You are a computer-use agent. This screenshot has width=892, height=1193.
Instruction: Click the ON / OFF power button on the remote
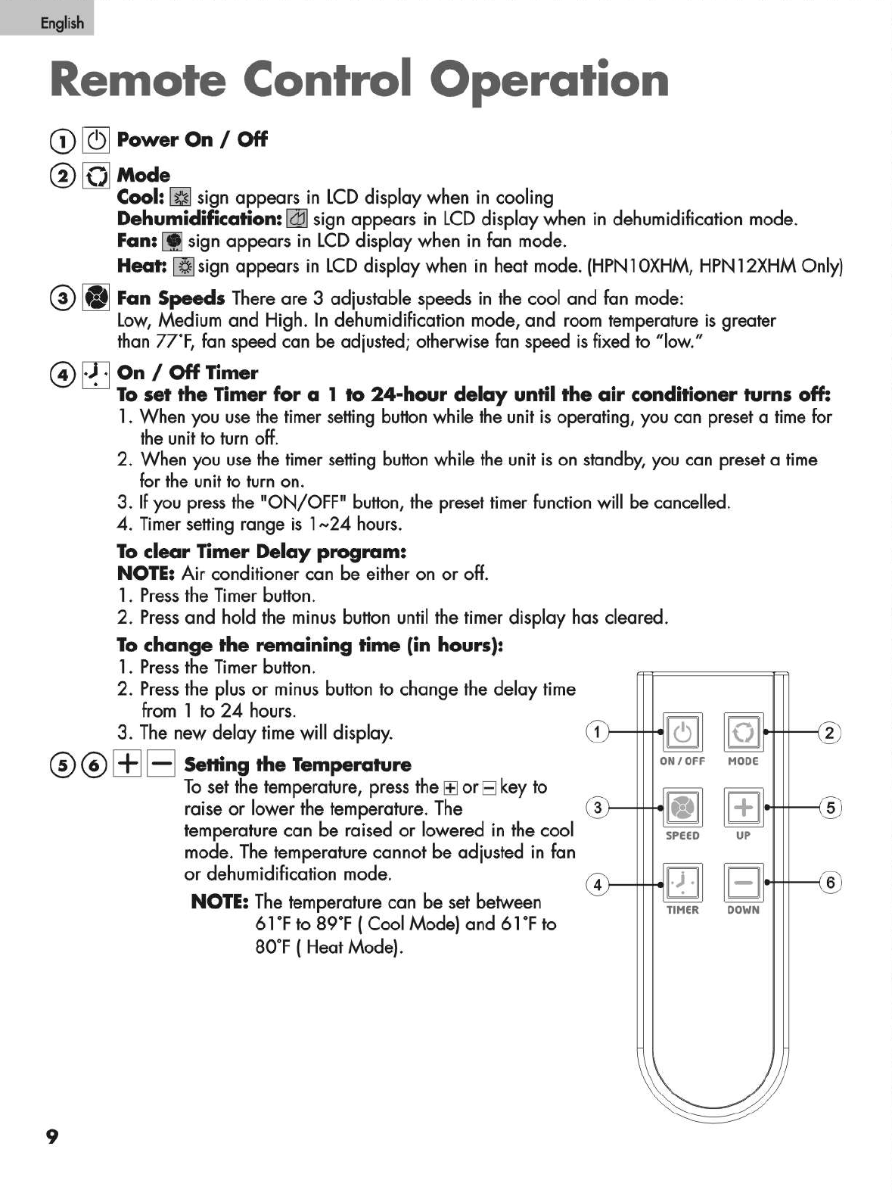682,732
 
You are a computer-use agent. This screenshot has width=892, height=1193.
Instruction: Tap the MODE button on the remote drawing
744,732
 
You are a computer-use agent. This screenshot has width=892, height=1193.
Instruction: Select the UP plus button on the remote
744,807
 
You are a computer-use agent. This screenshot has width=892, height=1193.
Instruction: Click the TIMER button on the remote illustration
682,882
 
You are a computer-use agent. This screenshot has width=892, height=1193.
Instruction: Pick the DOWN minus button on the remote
744,882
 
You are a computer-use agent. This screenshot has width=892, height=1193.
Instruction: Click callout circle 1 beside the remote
598,732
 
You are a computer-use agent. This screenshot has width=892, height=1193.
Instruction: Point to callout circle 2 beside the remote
830,732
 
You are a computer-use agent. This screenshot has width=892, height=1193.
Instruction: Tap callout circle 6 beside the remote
830,882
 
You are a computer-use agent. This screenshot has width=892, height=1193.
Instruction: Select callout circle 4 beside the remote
598,883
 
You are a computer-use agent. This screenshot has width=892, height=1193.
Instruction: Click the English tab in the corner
47,19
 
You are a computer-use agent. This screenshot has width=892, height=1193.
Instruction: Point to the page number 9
51,1136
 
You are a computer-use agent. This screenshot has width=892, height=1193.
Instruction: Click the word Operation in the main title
554,80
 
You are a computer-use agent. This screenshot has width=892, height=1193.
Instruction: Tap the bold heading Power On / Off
192,139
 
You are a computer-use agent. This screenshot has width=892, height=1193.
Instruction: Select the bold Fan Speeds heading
171,298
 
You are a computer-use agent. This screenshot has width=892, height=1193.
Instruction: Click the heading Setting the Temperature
297,765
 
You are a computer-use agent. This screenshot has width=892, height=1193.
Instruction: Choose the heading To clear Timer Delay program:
263,551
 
